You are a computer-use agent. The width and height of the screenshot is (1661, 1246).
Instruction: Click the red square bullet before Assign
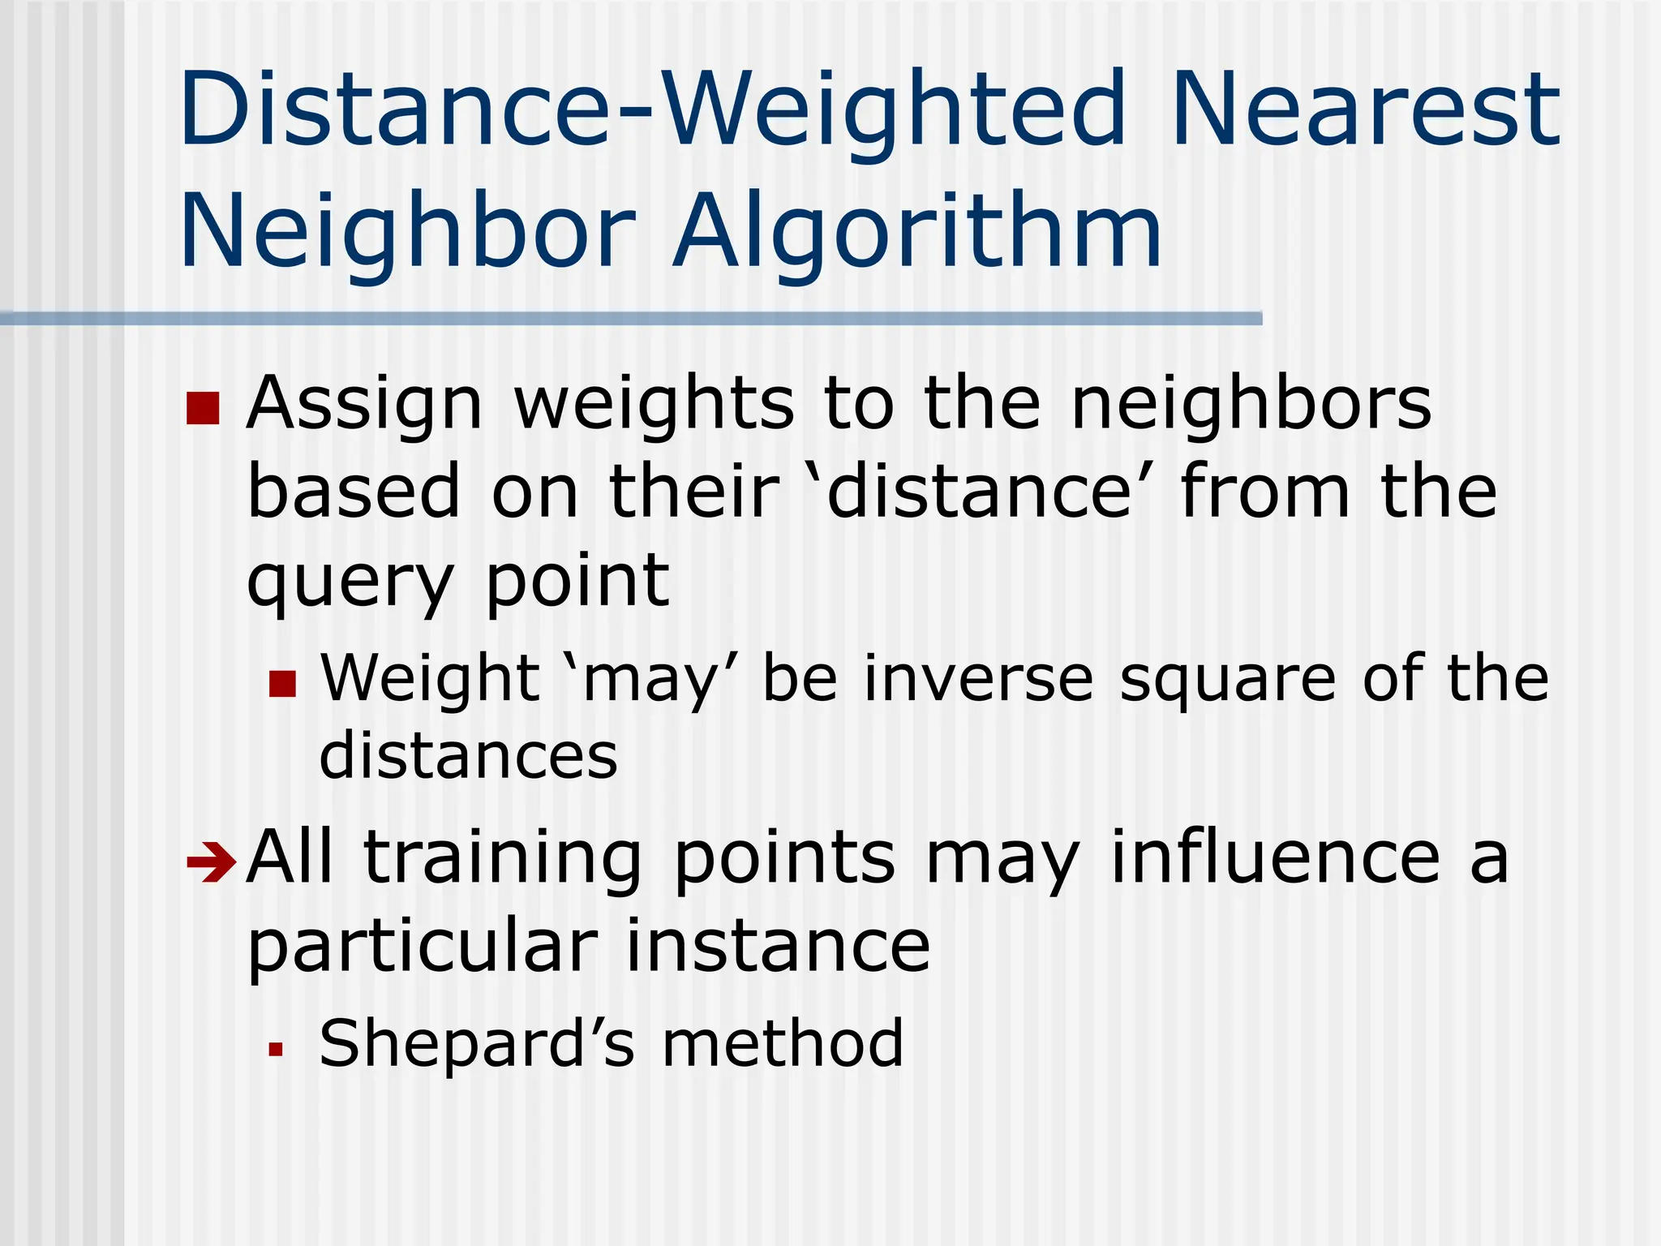[x=203, y=408]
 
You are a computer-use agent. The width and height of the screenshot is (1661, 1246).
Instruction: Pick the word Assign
[x=364, y=406]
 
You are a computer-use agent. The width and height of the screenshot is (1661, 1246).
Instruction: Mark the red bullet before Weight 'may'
[x=283, y=683]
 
